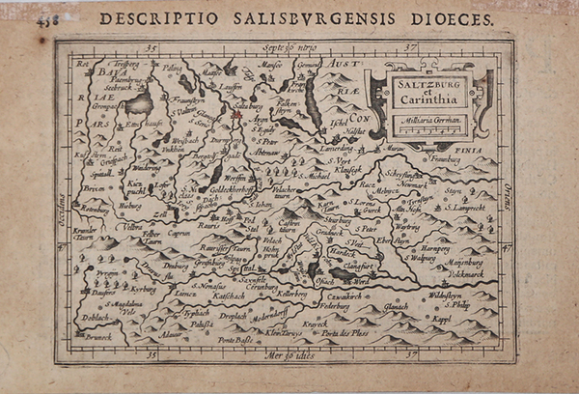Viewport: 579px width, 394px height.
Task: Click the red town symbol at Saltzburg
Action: coord(234,116)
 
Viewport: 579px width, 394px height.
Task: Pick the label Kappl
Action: coord(468,318)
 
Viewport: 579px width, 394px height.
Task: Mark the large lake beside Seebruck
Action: coord(141,104)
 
